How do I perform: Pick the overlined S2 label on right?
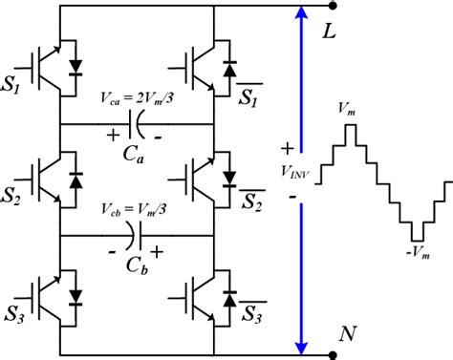(x=250, y=202)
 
